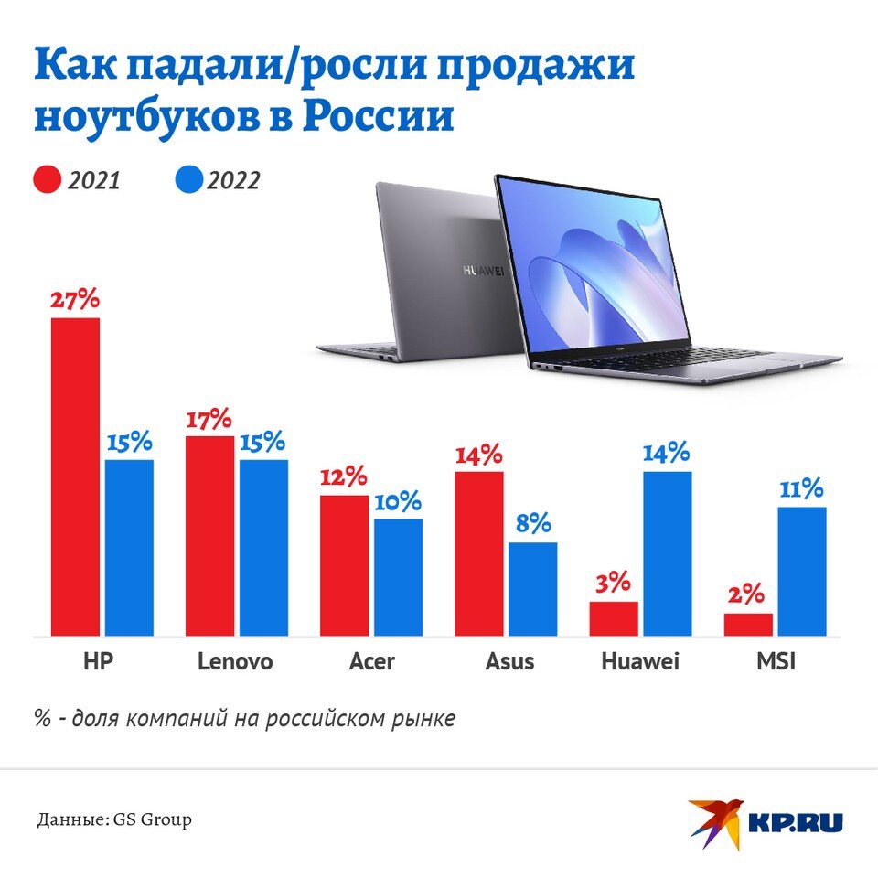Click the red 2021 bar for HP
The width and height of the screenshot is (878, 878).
coord(75,476)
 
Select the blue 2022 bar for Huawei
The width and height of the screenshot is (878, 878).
coord(668,553)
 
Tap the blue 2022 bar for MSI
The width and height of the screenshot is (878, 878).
coord(802,572)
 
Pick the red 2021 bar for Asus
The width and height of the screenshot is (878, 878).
coord(479,553)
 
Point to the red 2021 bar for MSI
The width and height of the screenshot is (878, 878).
coord(748,625)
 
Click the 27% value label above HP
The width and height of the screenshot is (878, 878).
coord(75,300)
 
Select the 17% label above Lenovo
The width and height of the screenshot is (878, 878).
coord(209,420)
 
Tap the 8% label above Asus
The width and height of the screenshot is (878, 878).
coord(532,524)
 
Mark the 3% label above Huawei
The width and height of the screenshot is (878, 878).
coord(614,583)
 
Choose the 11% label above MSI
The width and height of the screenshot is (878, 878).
coord(802,488)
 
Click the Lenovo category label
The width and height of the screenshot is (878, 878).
coord(235,661)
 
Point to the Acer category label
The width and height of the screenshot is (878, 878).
coord(371,661)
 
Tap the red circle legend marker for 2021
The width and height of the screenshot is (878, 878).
coord(47,180)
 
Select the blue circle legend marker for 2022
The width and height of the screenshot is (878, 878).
coord(187,180)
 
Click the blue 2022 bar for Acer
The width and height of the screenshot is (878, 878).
coord(398,577)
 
